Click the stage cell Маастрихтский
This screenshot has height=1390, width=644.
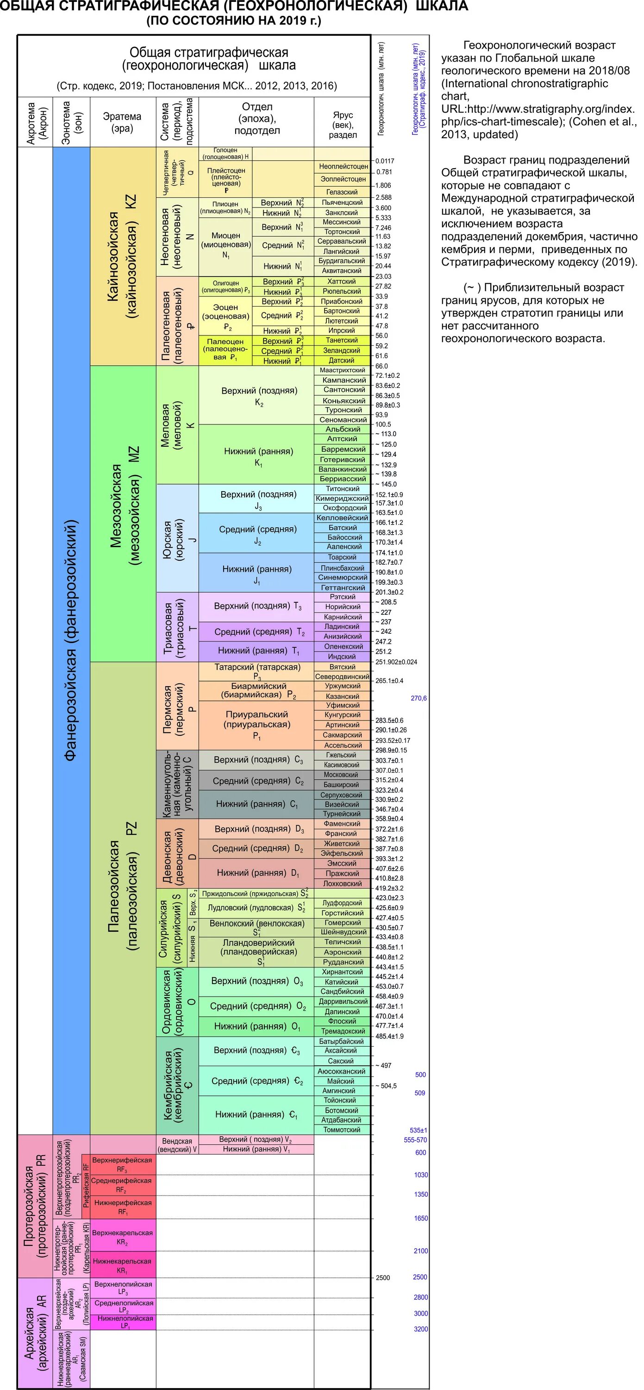342,370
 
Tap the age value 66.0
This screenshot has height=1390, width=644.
382,366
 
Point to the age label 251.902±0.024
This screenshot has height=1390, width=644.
396,662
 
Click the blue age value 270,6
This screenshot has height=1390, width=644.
419,698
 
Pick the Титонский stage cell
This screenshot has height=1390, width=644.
342,489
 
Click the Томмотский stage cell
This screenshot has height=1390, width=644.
342,1130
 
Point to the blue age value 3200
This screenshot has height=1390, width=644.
421,1329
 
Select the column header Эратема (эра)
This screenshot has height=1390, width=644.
122,122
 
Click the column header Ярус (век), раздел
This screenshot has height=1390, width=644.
343,124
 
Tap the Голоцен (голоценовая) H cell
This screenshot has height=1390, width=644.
225,153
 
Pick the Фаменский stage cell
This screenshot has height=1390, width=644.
342,824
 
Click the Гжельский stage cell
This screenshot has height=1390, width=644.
342,755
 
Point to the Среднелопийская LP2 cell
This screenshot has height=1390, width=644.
124,1306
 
